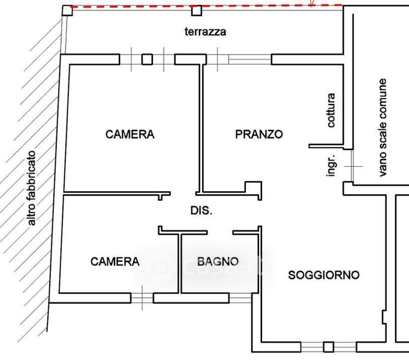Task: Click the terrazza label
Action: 205,32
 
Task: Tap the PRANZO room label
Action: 259,134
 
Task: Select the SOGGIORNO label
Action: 324,275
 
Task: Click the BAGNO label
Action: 218,262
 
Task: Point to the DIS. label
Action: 202,211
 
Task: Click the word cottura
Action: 330,110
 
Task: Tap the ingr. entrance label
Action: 330,165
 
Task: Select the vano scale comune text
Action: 383,127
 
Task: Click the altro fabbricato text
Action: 32,188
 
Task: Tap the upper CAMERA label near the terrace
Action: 130,134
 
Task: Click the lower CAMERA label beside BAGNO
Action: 115,262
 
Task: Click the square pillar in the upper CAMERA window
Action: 147,59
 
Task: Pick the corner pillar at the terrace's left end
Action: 67,11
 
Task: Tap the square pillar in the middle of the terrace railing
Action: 197,11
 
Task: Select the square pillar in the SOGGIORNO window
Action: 329,347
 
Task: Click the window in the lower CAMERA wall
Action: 142,298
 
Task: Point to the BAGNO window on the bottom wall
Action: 240,298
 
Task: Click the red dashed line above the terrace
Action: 207,6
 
